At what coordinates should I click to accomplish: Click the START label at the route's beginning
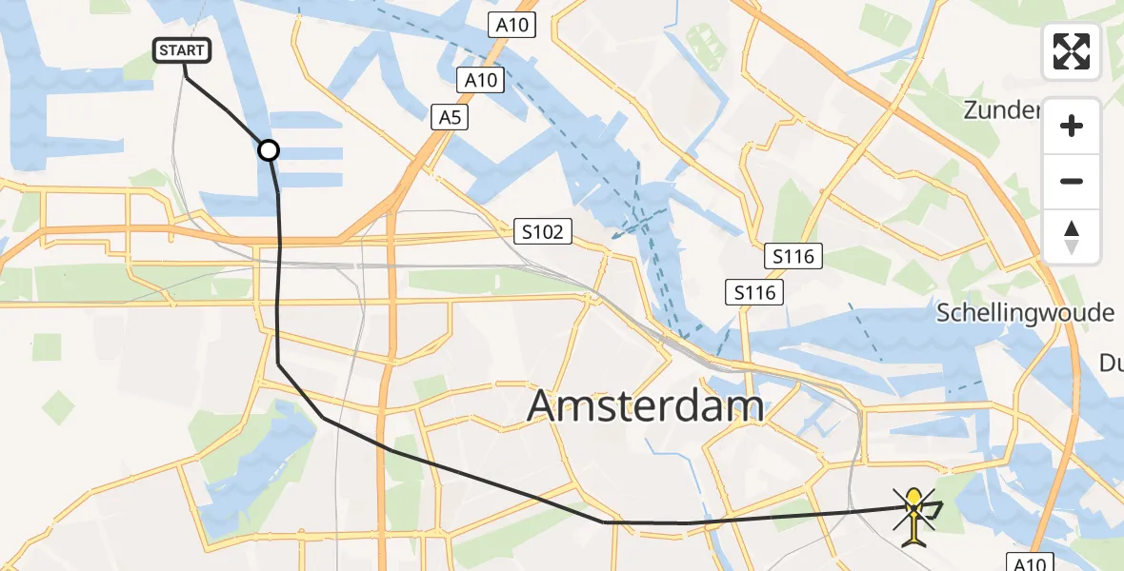pos(181,50)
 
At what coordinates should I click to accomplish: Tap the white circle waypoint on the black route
pos(269,150)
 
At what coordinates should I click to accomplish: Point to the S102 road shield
pos(542,231)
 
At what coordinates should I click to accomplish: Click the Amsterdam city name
pos(646,406)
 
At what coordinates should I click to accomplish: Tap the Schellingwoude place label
pos(1025,313)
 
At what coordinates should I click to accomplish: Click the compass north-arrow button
pos(1072,237)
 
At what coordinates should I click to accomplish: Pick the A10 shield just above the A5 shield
pos(480,80)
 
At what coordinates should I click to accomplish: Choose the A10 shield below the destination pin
pos(1031,562)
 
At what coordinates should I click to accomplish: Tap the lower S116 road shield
pos(754,293)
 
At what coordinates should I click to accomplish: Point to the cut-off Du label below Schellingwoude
pos(1111,363)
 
